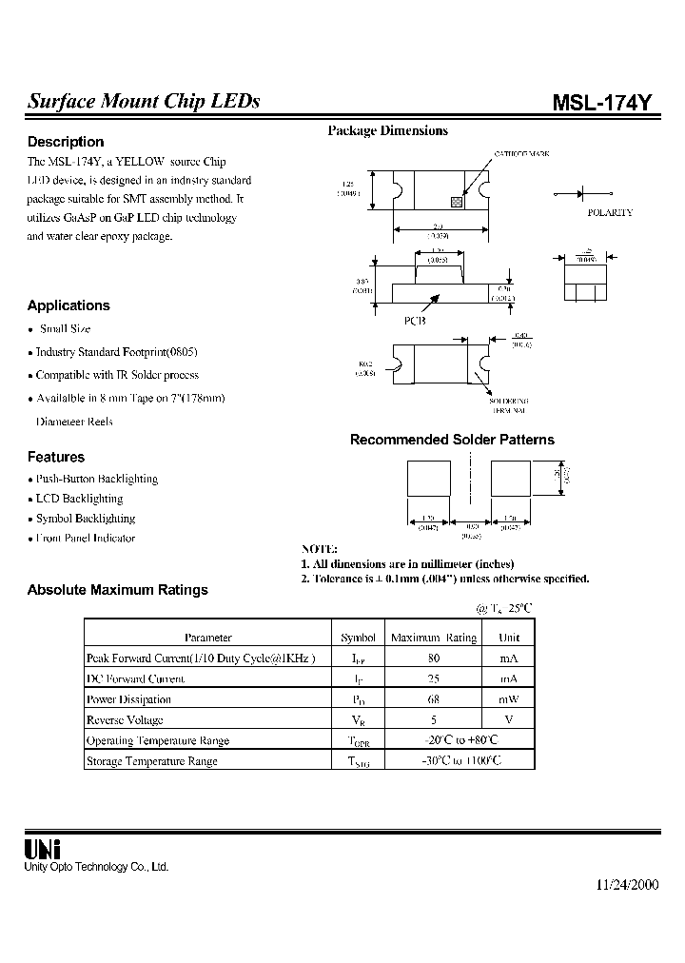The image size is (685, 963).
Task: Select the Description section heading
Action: [66, 142]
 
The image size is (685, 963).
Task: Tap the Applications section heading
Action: [68, 305]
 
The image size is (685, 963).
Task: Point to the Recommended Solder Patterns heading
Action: [452, 440]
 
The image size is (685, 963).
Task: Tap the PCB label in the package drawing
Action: [415, 321]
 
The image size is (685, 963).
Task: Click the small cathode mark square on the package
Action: [457, 202]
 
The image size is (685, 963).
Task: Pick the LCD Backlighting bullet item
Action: [79, 499]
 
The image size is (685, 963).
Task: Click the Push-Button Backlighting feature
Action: [96, 479]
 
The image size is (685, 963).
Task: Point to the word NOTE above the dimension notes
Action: [319, 550]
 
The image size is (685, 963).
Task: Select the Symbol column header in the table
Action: [358, 638]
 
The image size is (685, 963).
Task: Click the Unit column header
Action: [510, 638]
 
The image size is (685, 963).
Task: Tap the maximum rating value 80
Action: [434, 658]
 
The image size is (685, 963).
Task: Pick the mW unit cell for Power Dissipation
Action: [510, 699]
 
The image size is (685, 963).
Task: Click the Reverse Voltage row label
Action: [125, 720]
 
